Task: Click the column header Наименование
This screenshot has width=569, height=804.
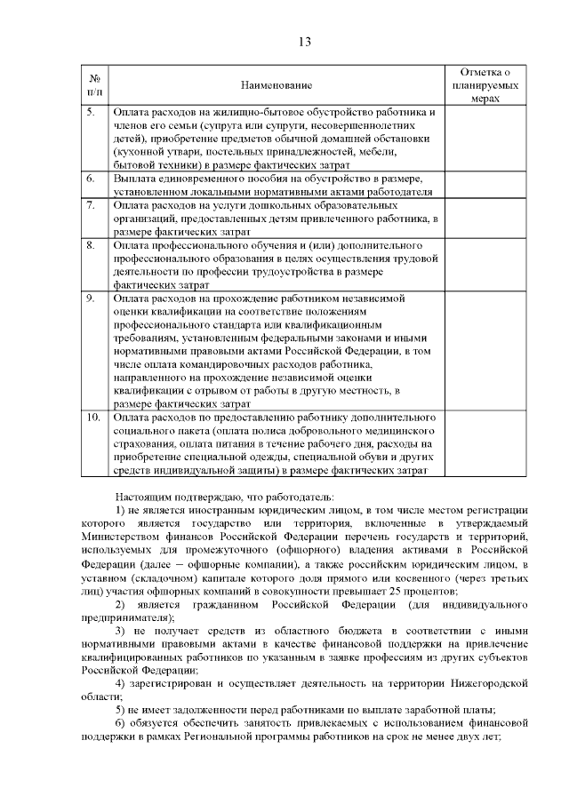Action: (x=276, y=85)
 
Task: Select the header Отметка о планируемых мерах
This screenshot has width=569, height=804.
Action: (x=485, y=85)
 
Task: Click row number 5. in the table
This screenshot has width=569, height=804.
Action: (x=91, y=113)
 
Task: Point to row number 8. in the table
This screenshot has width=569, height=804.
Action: (x=91, y=245)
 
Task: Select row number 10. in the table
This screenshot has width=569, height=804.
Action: (x=92, y=417)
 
